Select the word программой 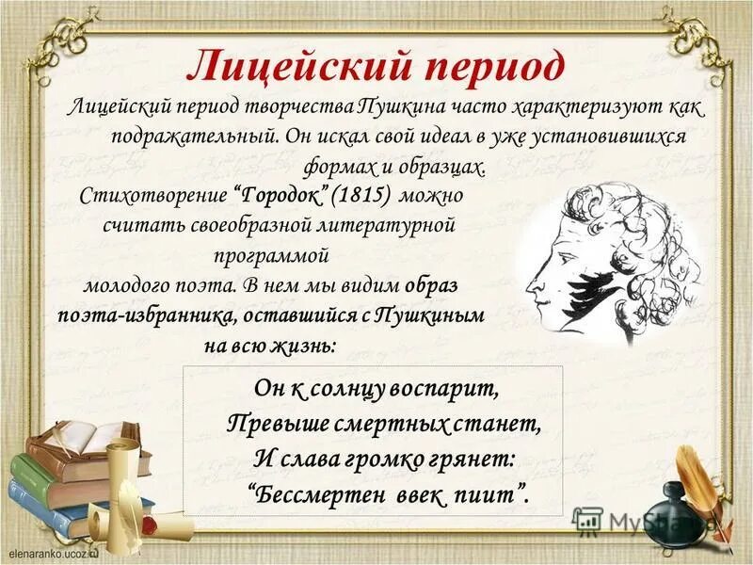pos(269,254)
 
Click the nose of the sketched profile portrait pos(530,282)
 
